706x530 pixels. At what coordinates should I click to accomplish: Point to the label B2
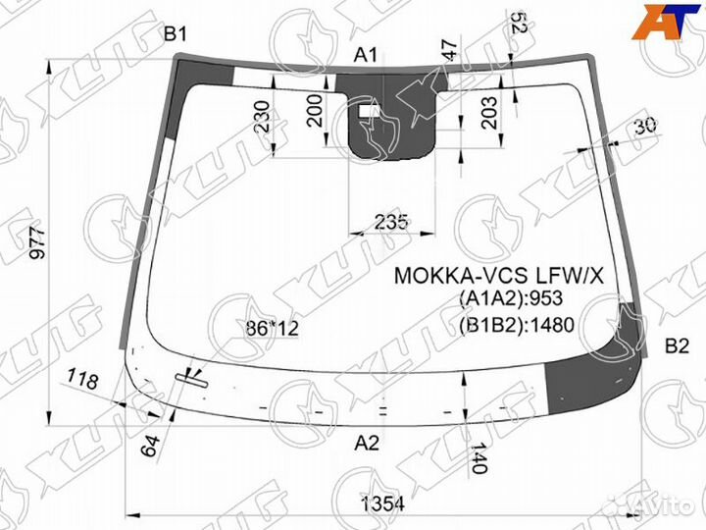(x=678, y=345)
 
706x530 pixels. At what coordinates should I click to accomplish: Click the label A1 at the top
(x=366, y=55)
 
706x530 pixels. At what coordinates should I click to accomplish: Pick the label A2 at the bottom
(x=367, y=443)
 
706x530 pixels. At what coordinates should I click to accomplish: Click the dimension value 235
(x=392, y=221)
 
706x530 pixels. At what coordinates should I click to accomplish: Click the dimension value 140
(x=479, y=457)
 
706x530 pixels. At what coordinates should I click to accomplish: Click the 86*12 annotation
(x=271, y=328)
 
